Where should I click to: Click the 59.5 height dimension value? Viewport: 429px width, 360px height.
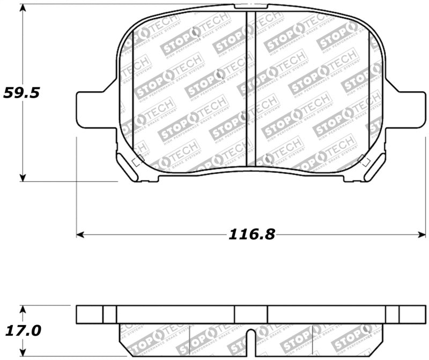coord(21,92)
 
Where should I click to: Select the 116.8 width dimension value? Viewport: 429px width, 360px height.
coord(252,234)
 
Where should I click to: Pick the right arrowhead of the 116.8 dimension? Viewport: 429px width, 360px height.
coord(423,234)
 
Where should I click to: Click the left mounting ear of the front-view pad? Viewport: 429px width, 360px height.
coord(94,109)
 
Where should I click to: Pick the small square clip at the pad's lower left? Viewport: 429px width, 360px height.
coord(138,160)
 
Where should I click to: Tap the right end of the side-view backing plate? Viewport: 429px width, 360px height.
coord(413,314)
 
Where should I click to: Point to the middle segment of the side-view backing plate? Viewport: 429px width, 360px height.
coord(250,314)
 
